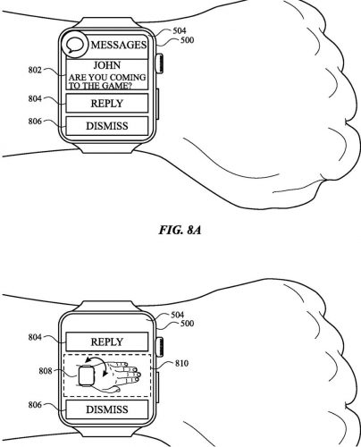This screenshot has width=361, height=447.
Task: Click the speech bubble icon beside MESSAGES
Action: [74, 45]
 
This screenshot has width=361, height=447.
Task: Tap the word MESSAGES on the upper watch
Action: [119, 45]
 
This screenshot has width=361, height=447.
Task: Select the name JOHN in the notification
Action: [107, 65]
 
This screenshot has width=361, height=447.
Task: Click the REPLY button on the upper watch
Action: [107, 103]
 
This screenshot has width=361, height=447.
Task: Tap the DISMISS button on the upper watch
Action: [107, 126]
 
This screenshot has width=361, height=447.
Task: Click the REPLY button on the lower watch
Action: [107, 342]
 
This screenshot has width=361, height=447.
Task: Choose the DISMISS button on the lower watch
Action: [107, 409]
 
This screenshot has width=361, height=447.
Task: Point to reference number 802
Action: [35, 70]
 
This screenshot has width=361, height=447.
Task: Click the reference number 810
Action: [181, 363]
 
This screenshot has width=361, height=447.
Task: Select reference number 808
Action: [46, 371]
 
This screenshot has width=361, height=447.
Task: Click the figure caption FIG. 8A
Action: [180, 230]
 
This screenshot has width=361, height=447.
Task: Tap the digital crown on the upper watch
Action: [159, 63]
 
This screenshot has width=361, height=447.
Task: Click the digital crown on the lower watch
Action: [159, 346]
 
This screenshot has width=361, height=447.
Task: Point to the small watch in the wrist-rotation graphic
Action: [86, 375]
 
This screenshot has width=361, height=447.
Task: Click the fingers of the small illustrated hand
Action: [133, 372]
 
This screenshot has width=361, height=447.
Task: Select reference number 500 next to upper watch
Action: [187, 40]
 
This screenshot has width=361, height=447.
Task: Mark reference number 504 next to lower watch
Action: [178, 315]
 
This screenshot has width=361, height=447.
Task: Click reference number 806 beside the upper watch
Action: [35, 122]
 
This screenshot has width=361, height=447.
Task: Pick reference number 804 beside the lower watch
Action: [35, 337]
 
